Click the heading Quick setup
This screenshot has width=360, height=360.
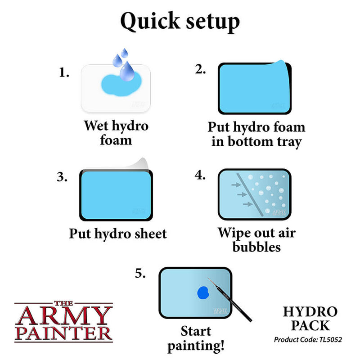(x=180, y=21)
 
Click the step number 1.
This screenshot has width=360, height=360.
(x=64, y=72)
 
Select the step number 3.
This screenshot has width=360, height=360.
(x=63, y=177)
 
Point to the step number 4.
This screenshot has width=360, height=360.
(x=200, y=175)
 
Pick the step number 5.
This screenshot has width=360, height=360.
(x=140, y=273)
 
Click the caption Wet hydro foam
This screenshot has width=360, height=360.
(x=116, y=132)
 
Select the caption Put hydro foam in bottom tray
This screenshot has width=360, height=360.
(x=256, y=134)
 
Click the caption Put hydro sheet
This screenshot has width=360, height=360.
(x=117, y=234)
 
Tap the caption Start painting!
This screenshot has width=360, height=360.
(x=196, y=338)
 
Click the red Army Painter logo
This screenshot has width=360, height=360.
(x=63, y=320)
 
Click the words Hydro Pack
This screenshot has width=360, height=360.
(x=310, y=318)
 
